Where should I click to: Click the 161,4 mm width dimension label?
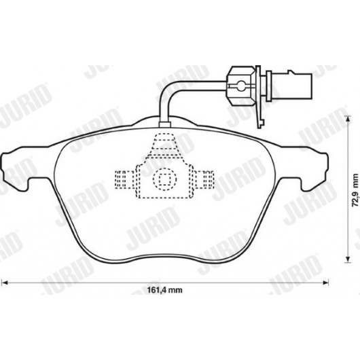click(x=164, y=290)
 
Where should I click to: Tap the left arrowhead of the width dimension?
click(x=5, y=283)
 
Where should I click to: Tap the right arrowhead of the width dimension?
click(x=325, y=283)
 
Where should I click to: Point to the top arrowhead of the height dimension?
click(x=348, y=119)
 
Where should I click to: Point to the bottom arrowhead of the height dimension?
click(x=348, y=259)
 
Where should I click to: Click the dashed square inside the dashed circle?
click(x=164, y=179)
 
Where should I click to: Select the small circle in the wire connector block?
click(x=241, y=86)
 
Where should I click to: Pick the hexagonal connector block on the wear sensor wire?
click(x=240, y=86)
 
